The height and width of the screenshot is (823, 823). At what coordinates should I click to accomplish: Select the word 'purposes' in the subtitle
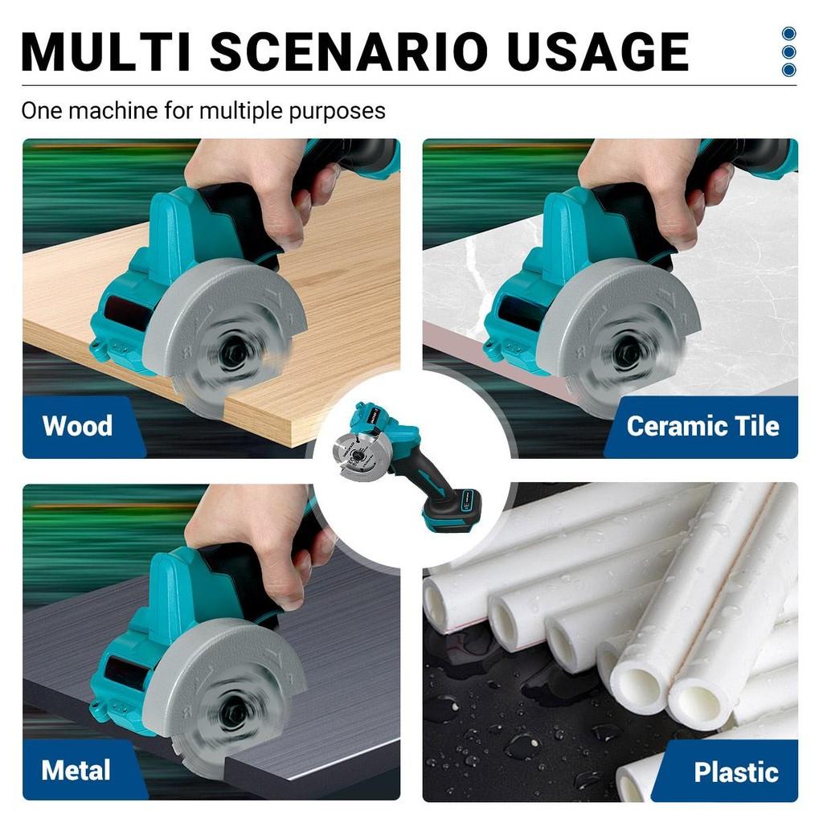click(337, 112)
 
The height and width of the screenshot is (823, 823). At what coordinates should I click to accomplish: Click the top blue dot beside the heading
click(788, 34)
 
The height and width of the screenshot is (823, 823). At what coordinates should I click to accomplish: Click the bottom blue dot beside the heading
click(788, 69)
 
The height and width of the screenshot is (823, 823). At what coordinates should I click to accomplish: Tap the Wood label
click(78, 425)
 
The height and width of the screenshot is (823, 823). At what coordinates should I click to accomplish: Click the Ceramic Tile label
click(702, 426)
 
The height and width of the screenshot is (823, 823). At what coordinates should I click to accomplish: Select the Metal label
click(76, 770)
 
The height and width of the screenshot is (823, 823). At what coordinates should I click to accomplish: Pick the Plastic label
click(736, 772)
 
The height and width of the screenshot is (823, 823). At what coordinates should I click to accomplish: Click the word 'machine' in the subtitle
click(113, 111)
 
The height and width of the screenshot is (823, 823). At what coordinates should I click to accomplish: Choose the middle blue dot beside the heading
click(788, 51)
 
